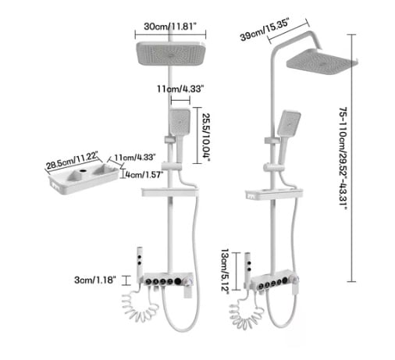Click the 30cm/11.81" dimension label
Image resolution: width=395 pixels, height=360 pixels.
[x=170, y=27]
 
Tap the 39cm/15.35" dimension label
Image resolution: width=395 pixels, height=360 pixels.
[x=265, y=30]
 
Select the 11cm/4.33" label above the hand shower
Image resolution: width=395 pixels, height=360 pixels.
[x=180, y=89]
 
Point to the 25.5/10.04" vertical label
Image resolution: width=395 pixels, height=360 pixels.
[x=206, y=137]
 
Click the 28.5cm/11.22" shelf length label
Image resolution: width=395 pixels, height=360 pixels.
[x=72, y=161]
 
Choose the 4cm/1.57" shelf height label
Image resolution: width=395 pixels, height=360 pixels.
[x=144, y=174]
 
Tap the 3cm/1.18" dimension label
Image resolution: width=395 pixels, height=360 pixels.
[x=94, y=280]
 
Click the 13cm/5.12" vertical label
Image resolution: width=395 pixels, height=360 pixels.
[x=225, y=271]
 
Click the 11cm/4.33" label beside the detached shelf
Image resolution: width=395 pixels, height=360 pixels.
[x=135, y=157]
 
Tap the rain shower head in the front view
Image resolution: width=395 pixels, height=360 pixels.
[x=171, y=53]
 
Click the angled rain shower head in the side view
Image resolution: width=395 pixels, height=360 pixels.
[x=322, y=62]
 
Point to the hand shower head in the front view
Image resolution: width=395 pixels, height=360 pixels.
[x=180, y=121]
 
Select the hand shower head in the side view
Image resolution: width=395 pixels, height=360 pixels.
[x=289, y=123]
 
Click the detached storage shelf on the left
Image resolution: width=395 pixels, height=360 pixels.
[x=84, y=179]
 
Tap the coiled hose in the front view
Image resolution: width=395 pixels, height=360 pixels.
[x=139, y=306]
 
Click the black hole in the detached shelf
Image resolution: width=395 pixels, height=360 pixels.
[x=83, y=171]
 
